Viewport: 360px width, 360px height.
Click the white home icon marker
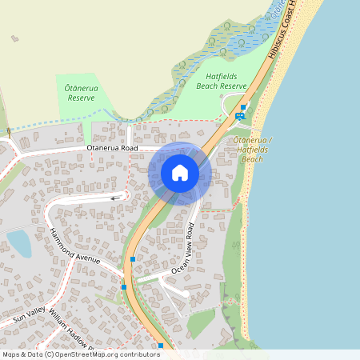click(180, 173)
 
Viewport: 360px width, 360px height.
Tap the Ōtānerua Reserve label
click(81, 92)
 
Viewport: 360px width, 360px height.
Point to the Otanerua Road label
click(112, 149)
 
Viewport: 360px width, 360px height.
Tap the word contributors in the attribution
click(139, 354)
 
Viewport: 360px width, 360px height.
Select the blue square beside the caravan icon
click(243, 107)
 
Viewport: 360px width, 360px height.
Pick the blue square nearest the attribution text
click(161, 346)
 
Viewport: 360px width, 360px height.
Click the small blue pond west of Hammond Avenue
click(18, 243)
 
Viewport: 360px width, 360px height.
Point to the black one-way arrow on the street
click(117, 198)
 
